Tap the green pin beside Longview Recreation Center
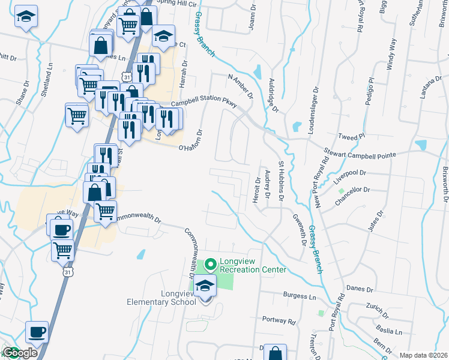[210, 264]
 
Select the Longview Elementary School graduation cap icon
[205, 286]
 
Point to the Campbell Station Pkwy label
[204, 103]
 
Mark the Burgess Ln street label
[300, 296]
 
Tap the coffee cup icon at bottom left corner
[37, 332]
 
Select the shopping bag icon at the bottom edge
[275, 353]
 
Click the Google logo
[19, 353]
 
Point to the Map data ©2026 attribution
[423, 355]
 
